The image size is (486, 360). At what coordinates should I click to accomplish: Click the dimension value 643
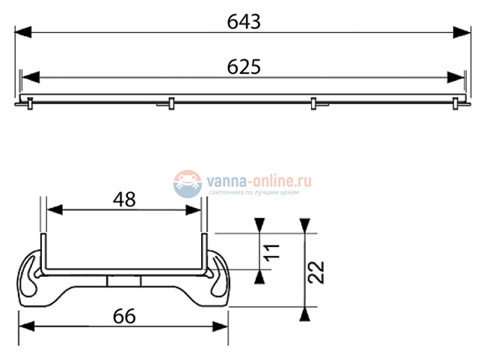coord(244,22)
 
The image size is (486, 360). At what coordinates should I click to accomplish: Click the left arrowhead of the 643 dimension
coord(23,32)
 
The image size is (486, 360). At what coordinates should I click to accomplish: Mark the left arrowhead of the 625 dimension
coord(30,77)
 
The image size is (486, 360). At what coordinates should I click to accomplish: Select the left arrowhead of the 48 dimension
coord(54,210)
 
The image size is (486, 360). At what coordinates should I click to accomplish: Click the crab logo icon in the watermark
coord(188,183)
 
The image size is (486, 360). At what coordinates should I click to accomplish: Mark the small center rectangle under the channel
coord(124,281)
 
